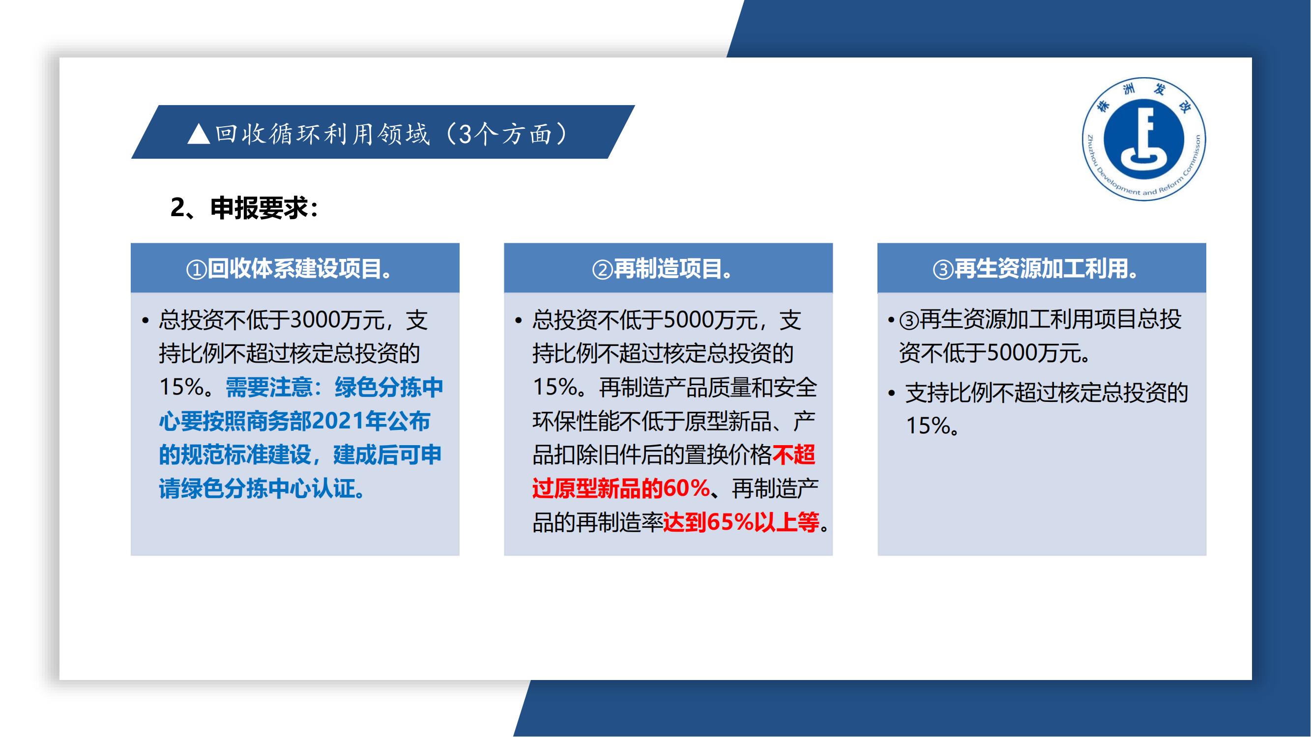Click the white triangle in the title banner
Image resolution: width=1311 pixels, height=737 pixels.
click(199, 134)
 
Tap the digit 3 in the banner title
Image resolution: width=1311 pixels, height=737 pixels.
click(465, 134)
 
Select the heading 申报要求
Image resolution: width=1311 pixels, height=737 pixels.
click(260, 208)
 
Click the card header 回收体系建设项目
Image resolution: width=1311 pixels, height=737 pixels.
click(299, 269)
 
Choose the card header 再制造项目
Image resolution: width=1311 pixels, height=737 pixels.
click(667, 269)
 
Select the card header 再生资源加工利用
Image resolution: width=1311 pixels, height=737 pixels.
click(1040, 269)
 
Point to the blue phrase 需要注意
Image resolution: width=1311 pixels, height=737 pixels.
click(268, 388)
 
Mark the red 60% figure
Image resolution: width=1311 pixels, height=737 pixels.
click(686, 488)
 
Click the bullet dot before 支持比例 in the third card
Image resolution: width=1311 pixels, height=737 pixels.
click(891, 393)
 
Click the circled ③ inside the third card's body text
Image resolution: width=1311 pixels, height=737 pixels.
click(908, 320)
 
